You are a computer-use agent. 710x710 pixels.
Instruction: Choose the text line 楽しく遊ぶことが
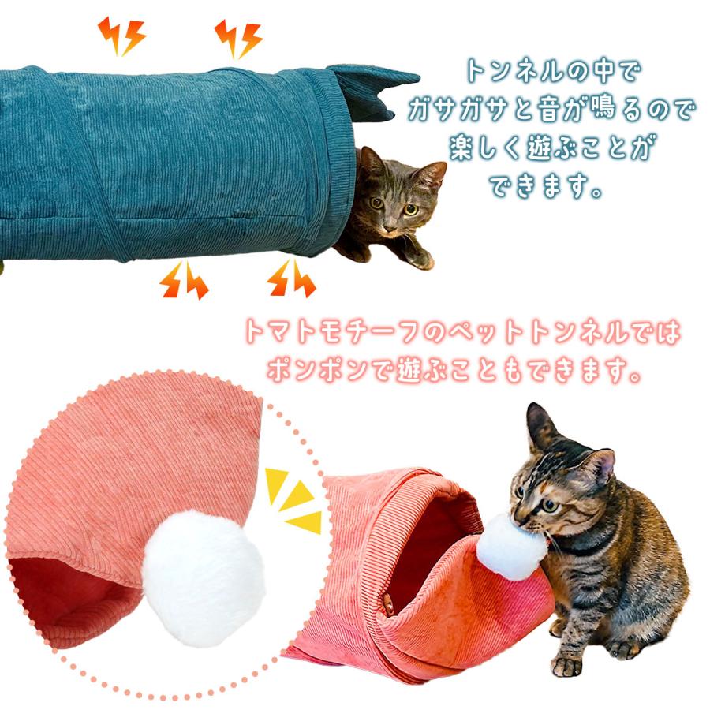pos(554,149)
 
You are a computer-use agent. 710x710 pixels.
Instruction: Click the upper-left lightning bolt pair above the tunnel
pos(121,35)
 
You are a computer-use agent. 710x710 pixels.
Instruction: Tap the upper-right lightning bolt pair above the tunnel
pos(237,38)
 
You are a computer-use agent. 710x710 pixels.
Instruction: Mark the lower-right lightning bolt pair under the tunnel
pos(290,279)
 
